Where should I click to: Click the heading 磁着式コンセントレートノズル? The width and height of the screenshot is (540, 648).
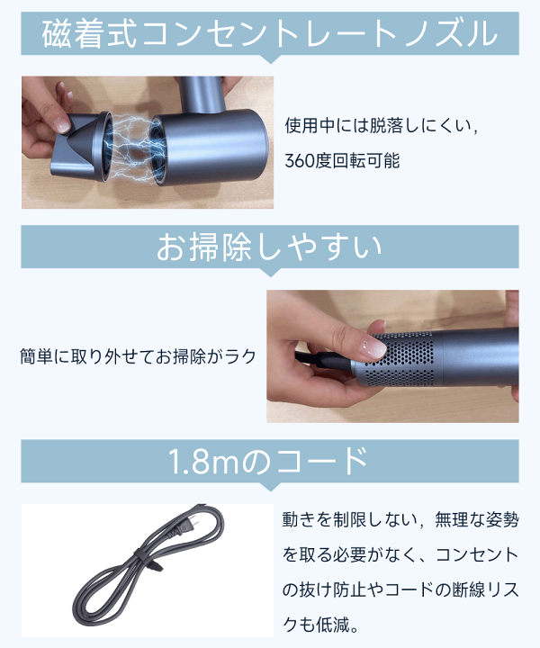tap(270, 34)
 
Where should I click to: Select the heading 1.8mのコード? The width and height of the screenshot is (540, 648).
tap(270, 461)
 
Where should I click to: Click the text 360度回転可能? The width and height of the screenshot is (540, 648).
tap(341, 162)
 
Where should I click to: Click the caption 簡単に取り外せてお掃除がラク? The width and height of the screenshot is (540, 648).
tap(138, 356)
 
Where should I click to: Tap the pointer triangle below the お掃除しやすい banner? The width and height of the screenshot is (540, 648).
tap(270, 275)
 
